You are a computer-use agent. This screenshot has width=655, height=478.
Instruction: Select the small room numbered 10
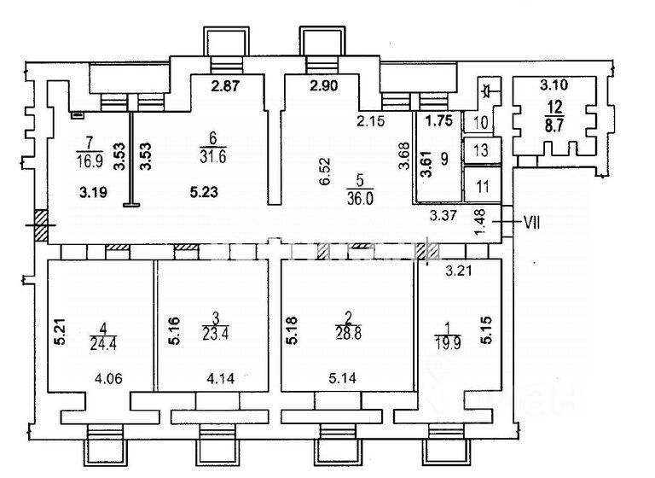click(481, 122)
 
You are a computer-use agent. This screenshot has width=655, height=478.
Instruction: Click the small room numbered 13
click(482, 149)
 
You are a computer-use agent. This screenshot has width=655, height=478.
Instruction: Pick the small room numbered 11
click(483, 185)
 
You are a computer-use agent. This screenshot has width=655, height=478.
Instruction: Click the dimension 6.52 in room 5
click(326, 171)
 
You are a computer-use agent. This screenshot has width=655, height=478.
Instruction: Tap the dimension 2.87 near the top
click(225, 85)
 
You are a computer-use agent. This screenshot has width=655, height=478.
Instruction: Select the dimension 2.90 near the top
click(324, 85)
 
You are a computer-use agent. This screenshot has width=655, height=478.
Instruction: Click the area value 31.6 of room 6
click(213, 157)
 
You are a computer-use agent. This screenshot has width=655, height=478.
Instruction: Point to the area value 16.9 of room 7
click(90, 160)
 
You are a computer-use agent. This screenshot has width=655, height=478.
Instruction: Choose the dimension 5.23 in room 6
click(204, 192)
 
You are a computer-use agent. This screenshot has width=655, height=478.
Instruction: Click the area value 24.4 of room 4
click(103, 344)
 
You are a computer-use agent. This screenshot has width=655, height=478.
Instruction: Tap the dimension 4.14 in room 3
click(221, 378)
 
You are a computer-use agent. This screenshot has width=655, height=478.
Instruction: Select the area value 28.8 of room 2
click(348, 334)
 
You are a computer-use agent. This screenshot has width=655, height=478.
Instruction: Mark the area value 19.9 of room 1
click(448, 343)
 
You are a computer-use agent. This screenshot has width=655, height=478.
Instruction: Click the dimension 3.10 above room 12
click(554, 85)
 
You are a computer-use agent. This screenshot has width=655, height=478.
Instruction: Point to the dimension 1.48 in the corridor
click(480, 222)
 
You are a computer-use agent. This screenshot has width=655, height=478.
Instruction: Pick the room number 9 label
click(444, 159)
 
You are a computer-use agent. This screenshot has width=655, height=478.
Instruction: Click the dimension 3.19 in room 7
click(93, 192)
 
